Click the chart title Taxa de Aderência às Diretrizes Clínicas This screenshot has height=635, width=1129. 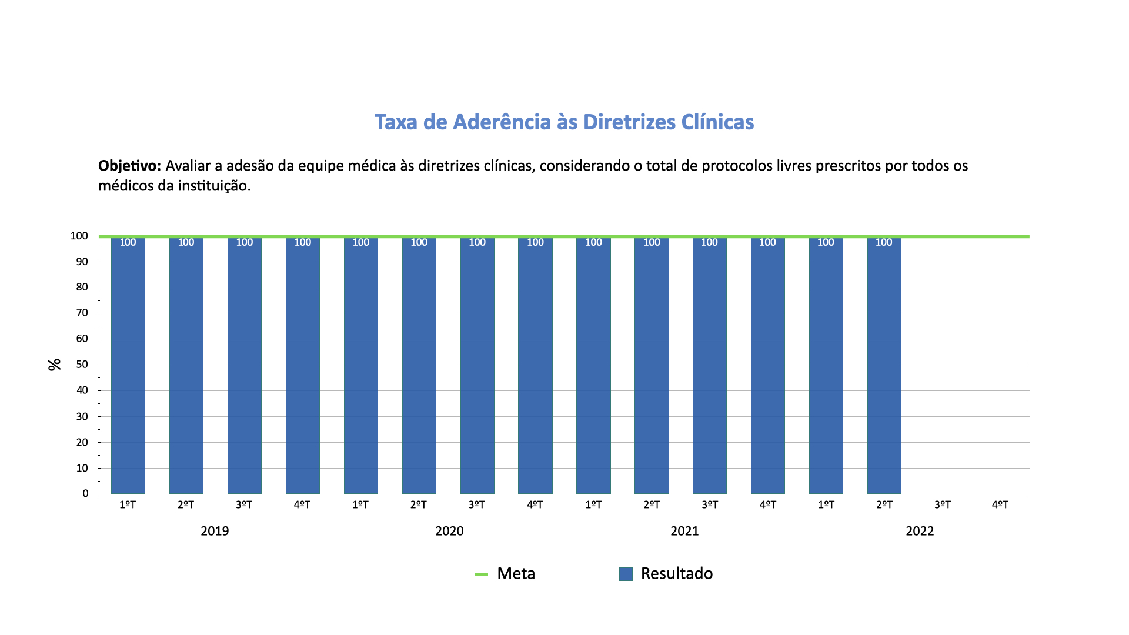[x=564, y=122]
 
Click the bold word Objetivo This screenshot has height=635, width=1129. [x=129, y=166]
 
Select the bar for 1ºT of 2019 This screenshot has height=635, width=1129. [x=128, y=365]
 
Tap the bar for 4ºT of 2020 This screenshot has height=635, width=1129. [x=535, y=365]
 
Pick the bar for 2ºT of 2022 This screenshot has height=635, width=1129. [x=884, y=365]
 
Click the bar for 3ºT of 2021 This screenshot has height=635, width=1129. [x=709, y=365]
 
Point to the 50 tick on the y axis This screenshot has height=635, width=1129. [x=82, y=365]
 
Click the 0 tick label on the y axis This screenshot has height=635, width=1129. [x=86, y=494]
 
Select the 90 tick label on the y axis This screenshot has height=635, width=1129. [x=82, y=262]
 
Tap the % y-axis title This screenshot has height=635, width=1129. [x=55, y=365]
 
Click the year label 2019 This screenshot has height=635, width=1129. [x=215, y=532]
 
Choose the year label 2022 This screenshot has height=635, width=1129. [x=920, y=532]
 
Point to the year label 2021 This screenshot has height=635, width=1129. [x=684, y=532]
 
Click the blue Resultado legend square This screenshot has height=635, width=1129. [x=626, y=574]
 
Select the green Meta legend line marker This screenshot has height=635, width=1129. [x=481, y=574]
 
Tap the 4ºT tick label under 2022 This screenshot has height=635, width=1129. [x=1000, y=505]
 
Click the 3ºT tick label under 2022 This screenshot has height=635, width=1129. [x=942, y=505]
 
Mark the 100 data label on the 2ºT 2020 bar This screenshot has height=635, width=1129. [x=419, y=242]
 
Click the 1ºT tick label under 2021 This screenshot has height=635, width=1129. [x=593, y=505]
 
